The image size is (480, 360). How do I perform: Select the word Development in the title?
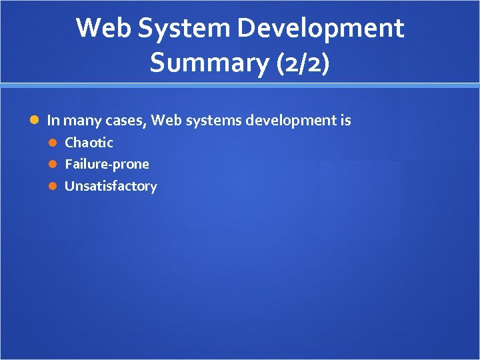pyautogui.click(x=321, y=29)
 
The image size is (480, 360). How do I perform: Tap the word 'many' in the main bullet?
pyautogui.click(x=83, y=121)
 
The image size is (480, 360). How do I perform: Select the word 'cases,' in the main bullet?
pyautogui.click(x=126, y=121)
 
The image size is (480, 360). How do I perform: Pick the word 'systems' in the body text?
pyautogui.click(x=211, y=121)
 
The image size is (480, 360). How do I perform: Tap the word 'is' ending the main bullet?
pyautogui.click(x=345, y=121)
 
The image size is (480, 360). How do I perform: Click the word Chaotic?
pyautogui.click(x=89, y=143)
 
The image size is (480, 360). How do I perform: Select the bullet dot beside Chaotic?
pyautogui.click(x=57, y=143)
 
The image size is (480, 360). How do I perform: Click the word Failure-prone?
pyautogui.click(x=107, y=164)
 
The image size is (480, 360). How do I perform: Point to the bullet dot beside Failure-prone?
pyautogui.click(x=57, y=165)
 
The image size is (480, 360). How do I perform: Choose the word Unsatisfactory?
pyautogui.click(x=111, y=186)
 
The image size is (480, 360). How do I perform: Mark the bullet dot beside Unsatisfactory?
pyautogui.click(x=57, y=187)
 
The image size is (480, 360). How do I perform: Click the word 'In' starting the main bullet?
pyautogui.click(x=53, y=121)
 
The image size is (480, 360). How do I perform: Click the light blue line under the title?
pyautogui.click(x=240, y=85)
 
